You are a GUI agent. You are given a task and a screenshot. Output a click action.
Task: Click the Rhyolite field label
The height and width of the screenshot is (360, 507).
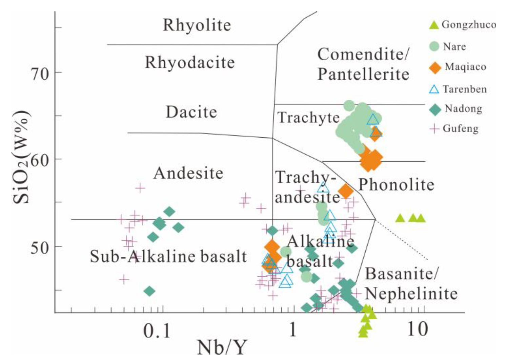tap(197, 25)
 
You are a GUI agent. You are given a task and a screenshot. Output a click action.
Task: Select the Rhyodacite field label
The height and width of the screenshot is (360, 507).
tap(190, 62)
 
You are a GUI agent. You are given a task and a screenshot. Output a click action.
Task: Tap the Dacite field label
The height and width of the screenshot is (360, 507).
tap(191, 112)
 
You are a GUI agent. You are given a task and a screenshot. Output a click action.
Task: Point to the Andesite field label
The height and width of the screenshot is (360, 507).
tap(188, 173)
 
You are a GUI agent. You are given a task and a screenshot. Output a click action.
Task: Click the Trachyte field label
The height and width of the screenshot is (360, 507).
tap(308, 118)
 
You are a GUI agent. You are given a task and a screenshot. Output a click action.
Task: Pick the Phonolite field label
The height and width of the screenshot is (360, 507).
tap(396, 185)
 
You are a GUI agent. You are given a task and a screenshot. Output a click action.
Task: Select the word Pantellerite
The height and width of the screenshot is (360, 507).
tap(363, 74)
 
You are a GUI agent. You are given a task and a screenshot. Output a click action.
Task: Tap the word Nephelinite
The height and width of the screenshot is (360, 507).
tap(411, 294)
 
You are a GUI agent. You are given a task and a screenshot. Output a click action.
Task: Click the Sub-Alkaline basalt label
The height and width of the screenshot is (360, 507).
tap(168, 256)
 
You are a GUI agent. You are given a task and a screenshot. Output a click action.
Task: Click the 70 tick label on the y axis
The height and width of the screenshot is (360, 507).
tap(40, 73)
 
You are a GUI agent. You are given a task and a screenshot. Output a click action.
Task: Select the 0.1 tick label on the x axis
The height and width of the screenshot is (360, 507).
tap(157, 330)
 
